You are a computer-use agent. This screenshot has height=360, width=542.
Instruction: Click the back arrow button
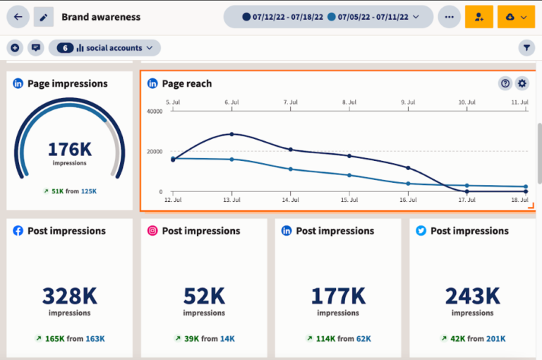[x=18, y=17]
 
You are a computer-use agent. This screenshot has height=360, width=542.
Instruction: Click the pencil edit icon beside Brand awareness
[x=44, y=17]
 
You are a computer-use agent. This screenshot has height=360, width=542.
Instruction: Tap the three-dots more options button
[x=449, y=17]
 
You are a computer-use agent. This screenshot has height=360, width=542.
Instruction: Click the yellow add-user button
[x=479, y=17]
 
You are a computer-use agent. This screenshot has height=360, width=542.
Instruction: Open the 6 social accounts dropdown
[x=104, y=48]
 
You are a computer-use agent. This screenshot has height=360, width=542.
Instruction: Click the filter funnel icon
[x=526, y=48]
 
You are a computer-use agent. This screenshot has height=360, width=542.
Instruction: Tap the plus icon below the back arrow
[x=15, y=48]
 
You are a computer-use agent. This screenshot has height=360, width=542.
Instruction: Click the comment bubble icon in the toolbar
[x=36, y=48]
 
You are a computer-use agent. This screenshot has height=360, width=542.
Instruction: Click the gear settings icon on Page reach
[x=522, y=83]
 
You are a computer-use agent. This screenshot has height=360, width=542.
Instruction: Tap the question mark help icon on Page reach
[x=505, y=83]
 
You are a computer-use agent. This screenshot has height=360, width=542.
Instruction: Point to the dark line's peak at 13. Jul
[x=231, y=134]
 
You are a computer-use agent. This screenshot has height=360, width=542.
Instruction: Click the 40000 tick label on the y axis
[x=154, y=112]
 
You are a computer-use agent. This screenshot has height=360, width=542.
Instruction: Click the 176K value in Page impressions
[x=69, y=149]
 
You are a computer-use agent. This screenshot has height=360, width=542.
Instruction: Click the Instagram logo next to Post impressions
[x=152, y=231]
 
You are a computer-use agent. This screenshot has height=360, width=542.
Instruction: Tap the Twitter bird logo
[x=421, y=231]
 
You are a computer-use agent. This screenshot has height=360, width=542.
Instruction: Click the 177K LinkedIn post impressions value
[x=337, y=295]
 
